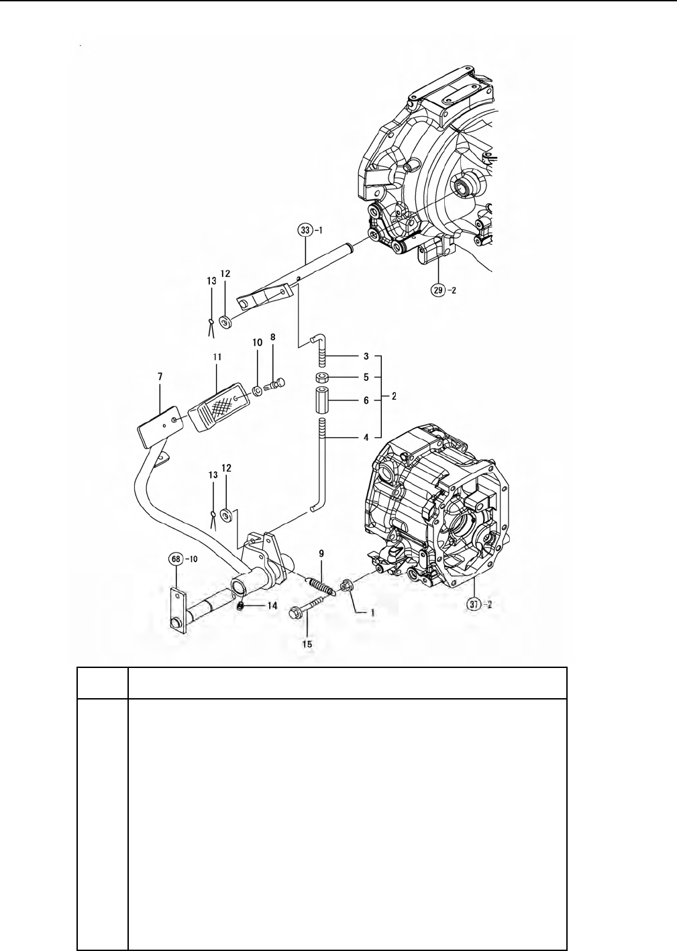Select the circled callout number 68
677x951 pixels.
coord(176,559)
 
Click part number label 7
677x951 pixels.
coord(160,376)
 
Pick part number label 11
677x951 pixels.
coord(217,357)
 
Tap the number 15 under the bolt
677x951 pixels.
coord(307,644)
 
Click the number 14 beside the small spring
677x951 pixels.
coord(272,606)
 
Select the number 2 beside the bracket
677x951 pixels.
coord(394,396)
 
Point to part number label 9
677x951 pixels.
coord(321,553)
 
